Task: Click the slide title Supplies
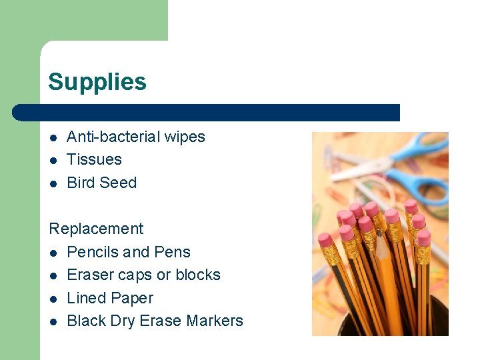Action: (x=97, y=82)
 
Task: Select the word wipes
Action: (x=184, y=137)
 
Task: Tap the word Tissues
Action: (x=94, y=159)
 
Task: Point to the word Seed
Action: (x=119, y=183)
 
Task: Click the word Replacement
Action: (x=96, y=229)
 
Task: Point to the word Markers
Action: (x=215, y=321)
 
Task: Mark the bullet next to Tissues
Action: (x=53, y=160)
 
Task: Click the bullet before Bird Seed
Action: (x=53, y=183)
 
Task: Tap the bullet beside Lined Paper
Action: (x=53, y=299)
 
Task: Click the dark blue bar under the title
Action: (x=207, y=113)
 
